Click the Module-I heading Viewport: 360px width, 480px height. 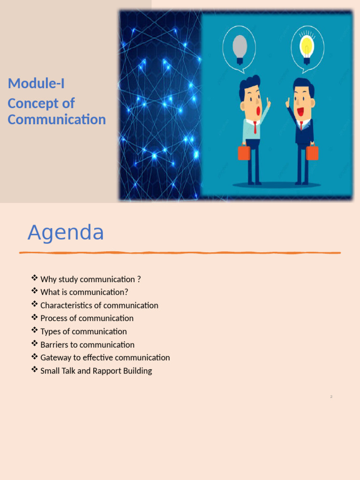click(36, 84)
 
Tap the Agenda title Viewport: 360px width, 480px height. click(66, 232)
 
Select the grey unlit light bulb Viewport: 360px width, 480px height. click(240, 45)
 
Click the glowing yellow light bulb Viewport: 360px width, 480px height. click(307, 45)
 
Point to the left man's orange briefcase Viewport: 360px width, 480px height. click(244, 153)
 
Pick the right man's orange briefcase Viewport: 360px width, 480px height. click(312, 152)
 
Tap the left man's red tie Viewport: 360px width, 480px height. click(255, 127)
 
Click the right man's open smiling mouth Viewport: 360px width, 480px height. click(300, 112)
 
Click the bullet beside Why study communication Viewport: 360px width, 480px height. click(34, 278)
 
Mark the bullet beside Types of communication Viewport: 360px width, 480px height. click(34, 331)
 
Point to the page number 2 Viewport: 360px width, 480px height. click(331, 397)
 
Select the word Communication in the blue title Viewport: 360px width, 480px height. click(57, 120)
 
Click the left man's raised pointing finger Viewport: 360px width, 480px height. click(269, 100)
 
